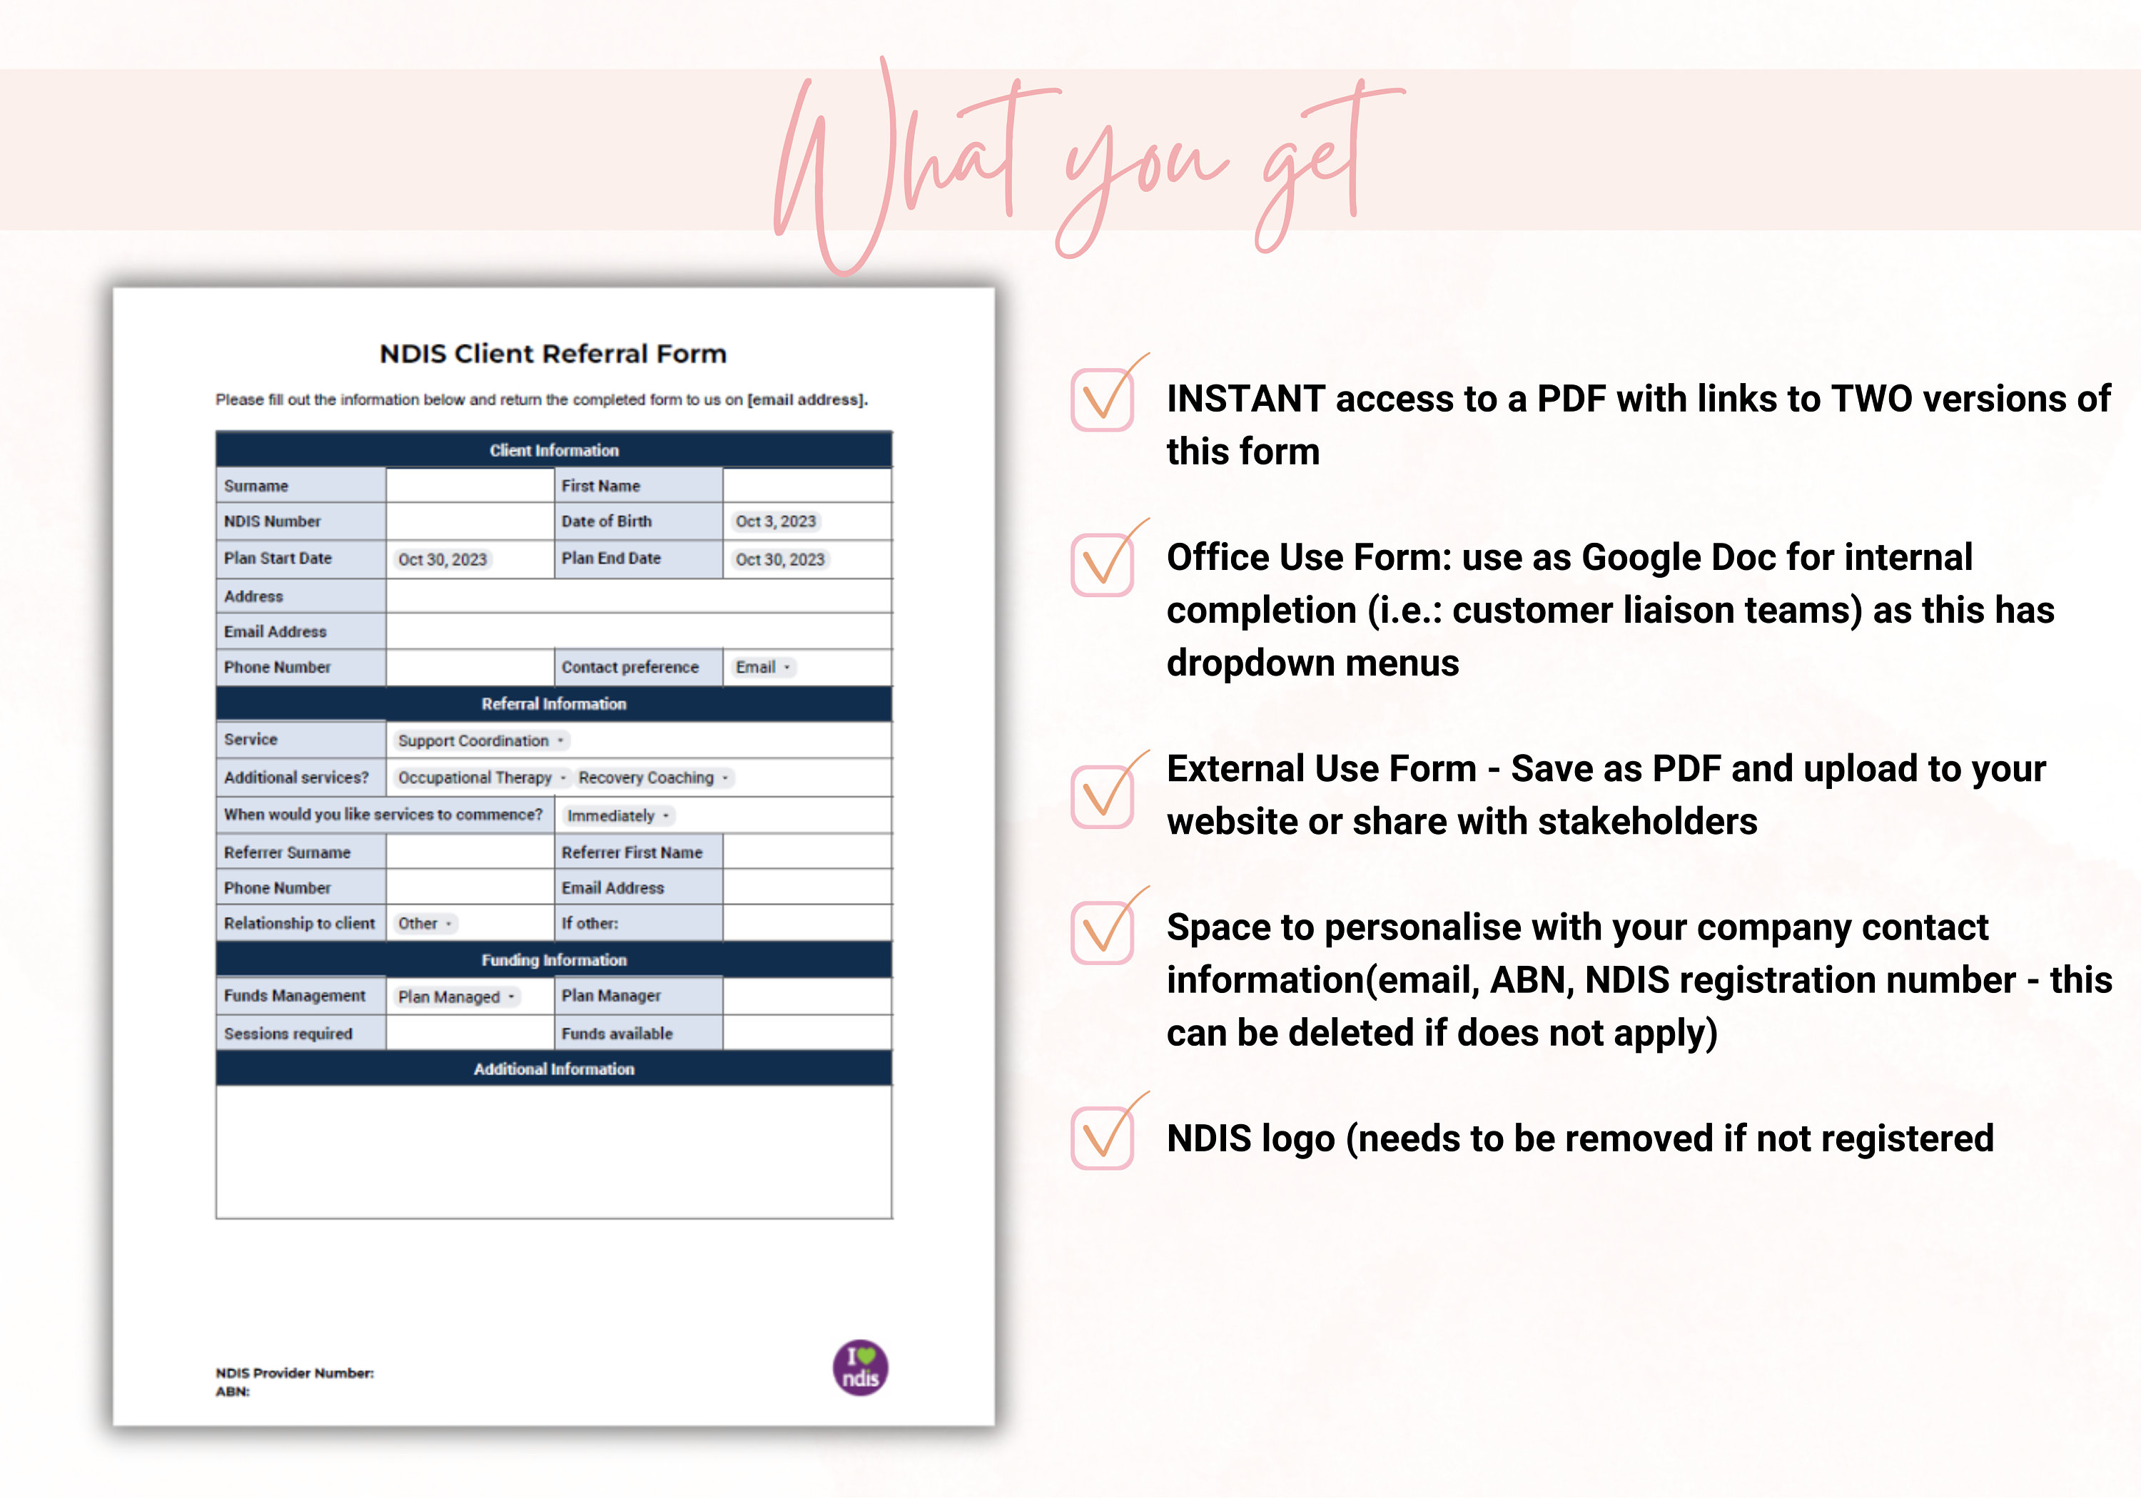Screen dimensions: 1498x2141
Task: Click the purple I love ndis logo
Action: coord(860,1368)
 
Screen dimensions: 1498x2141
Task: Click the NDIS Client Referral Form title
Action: coord(553,355)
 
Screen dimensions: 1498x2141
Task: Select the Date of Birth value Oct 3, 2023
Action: coord(775,521)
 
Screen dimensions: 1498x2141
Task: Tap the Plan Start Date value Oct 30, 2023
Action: coord(442,559)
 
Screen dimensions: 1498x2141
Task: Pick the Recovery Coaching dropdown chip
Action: coord(653,778)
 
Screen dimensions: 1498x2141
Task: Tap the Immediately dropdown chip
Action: coord(617,815)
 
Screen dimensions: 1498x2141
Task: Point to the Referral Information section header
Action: coord(553,704)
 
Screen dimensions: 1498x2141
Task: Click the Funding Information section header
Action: coord(553,960)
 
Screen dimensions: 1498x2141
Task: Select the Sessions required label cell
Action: coord(288,1034)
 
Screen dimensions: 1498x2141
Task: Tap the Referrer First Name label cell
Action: coord(632,852)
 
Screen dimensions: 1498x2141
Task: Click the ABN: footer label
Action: coord(232,1392)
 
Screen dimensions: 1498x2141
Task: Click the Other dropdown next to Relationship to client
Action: coord(423,924)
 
